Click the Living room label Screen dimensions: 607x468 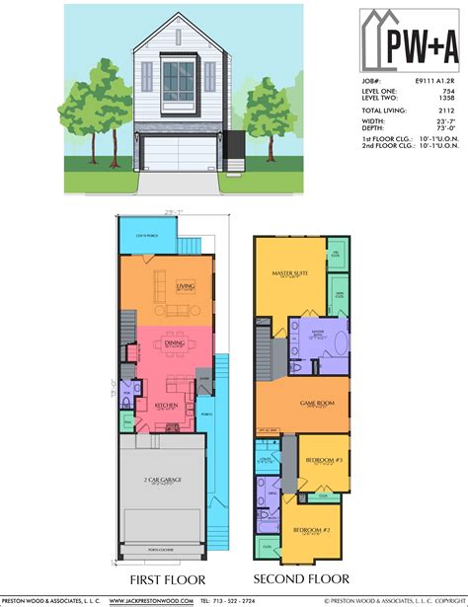pyautogui.click(x=185, y=286)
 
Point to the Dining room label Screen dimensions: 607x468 pyautogui.click(x=174, y=343)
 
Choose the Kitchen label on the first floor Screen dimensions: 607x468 pyautogui.click(x=164, y=405)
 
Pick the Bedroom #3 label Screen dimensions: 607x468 pyautogui.click(x=323, y=461)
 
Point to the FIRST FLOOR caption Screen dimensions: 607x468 pyautogui.click(x=166, y=579)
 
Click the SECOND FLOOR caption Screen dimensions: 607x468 pyautogui.click(x=301, y=579)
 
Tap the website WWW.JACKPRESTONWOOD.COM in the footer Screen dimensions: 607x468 pyautogui.click(x=150, y=600)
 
